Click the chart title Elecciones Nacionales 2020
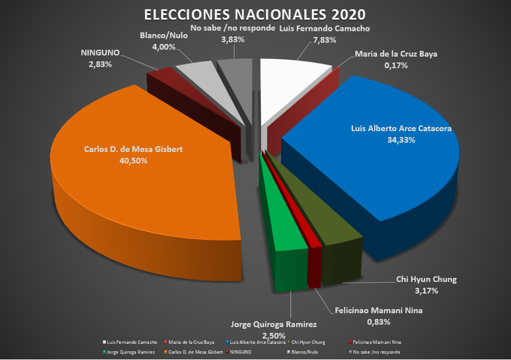pos(255,14)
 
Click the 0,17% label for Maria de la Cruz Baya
pos(396,65)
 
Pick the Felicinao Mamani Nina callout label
pos(379,310)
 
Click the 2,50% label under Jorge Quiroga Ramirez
pos(274,336)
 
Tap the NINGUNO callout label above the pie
pos(100,53)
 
